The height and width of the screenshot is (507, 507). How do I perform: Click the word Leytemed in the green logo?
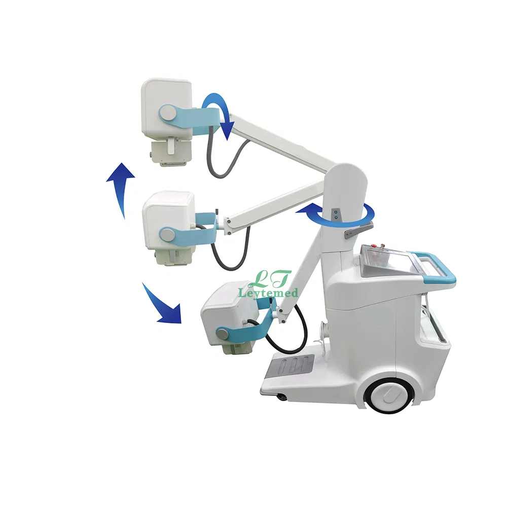coord(268,293)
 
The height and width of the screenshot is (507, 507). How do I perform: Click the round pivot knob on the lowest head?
coord(222,333)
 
